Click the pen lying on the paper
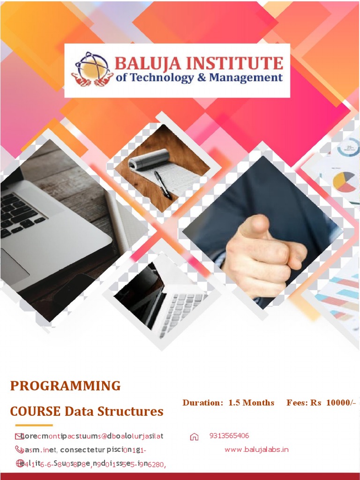coord(163,185)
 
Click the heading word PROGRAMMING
coord(66,386)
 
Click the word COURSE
coord(36,412)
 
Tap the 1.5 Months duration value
coord(251,403)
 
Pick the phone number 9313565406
coord(229,436)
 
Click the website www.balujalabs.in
coord(256,450)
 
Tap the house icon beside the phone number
coord(194,437)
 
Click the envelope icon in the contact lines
coord(19,436)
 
